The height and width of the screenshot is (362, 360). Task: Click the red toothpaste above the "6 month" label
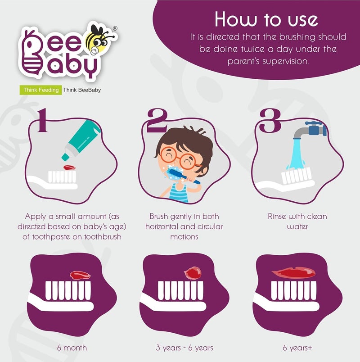pos(80,274)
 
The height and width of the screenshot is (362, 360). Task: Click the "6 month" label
pos(72,348)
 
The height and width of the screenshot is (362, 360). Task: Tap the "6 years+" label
pos(294,348)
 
